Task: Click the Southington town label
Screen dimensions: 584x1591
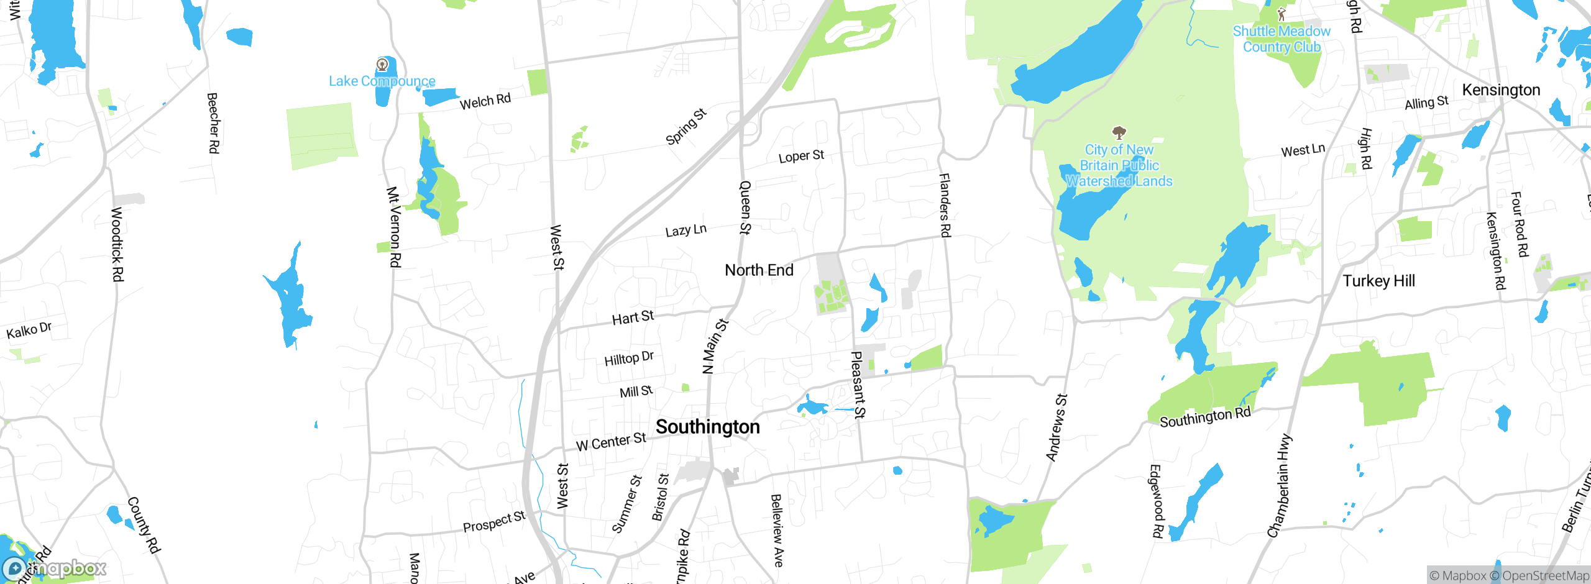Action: pyautogui.click(x=707, y=427)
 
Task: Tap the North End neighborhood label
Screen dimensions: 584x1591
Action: pyautogui.click(x=759, y=270)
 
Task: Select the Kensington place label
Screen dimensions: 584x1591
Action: pyautogui.click(x=1501, y=90)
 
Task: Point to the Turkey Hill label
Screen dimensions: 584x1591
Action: pyautogui.click(x=1378, y=281)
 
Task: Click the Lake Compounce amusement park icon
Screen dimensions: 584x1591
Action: pyautogui.click(x=382, y=65)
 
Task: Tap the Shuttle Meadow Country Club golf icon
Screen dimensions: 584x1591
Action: pyautogui.click(x=1281, y=14)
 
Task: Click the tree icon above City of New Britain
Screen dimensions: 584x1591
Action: pyautogui.click(x=1119, y=132)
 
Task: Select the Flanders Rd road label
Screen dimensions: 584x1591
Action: pyautogui.click(x=945, y=205)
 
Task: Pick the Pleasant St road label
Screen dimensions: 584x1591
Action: pyautogui.click(x=858, y=385)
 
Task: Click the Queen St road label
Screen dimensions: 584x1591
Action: pyautogui.click(x=745, y=208)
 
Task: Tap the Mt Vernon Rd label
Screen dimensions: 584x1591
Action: pyautogui.click(x=393, y=227)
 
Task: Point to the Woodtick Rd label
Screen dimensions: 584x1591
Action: pyautogui.click(x=117, y=244)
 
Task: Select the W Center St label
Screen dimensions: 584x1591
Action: pyautogui.click(x=611, y=442)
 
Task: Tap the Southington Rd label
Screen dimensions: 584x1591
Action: pyautogui.click(x=1204, y=417)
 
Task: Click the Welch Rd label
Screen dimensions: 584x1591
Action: pyautogui.click(x=485, y=101)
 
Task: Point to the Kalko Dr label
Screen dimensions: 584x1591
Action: pyautogui.click(x=29, y=330)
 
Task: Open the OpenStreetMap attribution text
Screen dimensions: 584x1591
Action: pyautogui.click(x=1545, y=576)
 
